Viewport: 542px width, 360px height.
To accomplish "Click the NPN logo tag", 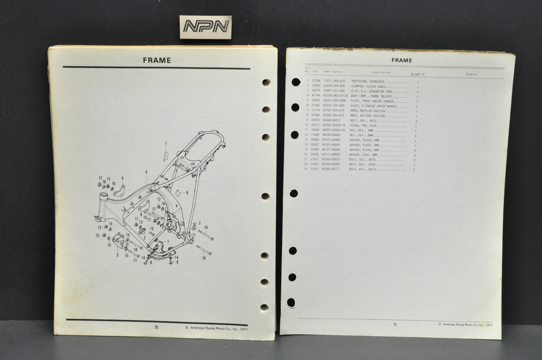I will (x=205, y=27).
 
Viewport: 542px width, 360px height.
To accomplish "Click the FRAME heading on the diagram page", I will (x=157, y=60).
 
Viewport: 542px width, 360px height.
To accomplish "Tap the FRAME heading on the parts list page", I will (x=401, y=60).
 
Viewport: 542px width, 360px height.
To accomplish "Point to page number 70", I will (x=156, y=327).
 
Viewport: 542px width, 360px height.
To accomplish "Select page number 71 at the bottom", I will (x=395, y=324).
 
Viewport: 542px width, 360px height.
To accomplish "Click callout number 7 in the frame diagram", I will (x=166, y=144).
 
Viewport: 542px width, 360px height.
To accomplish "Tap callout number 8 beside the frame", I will (x=187, y=193).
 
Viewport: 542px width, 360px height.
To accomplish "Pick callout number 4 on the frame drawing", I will (x=146, y=172).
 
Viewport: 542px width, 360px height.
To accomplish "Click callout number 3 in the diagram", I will (x=199, y=223).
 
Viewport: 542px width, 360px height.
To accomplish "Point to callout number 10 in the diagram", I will (x=151, y=229).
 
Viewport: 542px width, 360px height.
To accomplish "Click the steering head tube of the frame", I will (x=103, y=198).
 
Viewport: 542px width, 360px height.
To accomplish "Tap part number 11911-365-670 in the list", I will (x=334, y=80).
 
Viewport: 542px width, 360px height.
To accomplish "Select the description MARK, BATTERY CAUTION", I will (x=367, y=116).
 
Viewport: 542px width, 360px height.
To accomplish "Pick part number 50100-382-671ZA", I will (x=335, y=96).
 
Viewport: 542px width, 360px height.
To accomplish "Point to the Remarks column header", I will (x=471, y=74).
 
